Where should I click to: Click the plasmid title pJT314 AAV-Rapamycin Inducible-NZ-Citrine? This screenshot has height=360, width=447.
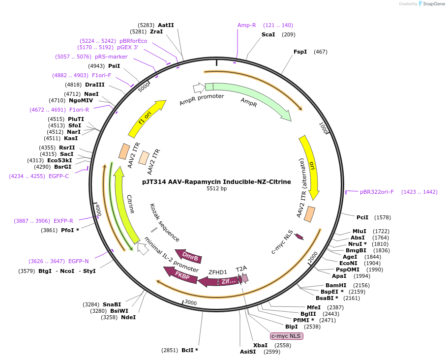click(216, 181)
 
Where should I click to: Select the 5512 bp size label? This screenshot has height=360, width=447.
click(216, 189)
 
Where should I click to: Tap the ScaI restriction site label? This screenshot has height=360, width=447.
click(268, 34)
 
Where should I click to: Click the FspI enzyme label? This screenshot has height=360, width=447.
click(300, 52)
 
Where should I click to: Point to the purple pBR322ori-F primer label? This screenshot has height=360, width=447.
click(377, 192)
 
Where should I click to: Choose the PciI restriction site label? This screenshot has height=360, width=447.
click(362, 217)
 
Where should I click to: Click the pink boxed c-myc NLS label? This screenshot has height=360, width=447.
click(287, 336)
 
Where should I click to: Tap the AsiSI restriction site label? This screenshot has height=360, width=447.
click(248, 352)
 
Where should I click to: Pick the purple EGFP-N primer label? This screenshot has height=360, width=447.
click(79, 261)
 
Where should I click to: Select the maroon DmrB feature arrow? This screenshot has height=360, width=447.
click(188, 256)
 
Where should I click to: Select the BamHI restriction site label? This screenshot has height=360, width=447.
click(335, 285)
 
